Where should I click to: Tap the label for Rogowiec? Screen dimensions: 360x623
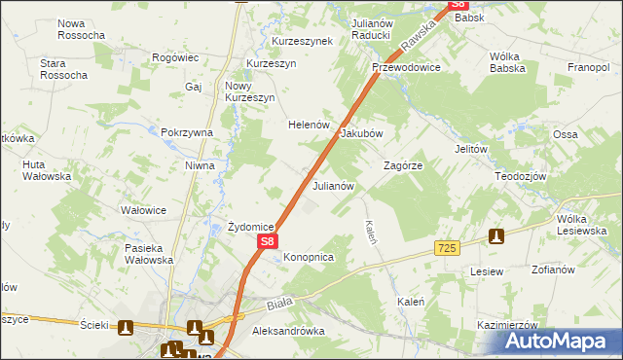(x=176, y=58)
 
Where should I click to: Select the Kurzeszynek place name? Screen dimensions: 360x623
(x=302, y=41)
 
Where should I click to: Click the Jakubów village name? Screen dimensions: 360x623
(x=361, y=133)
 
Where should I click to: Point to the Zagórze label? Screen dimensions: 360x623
(x=402, y=165)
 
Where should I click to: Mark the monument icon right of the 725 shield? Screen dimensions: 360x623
(x=496, y=236)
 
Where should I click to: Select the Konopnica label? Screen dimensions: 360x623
(x=309, y=257)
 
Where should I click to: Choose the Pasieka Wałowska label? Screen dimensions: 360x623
(x=148, y=254)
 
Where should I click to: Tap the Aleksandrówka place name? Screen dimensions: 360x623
(x=287, y=331)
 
